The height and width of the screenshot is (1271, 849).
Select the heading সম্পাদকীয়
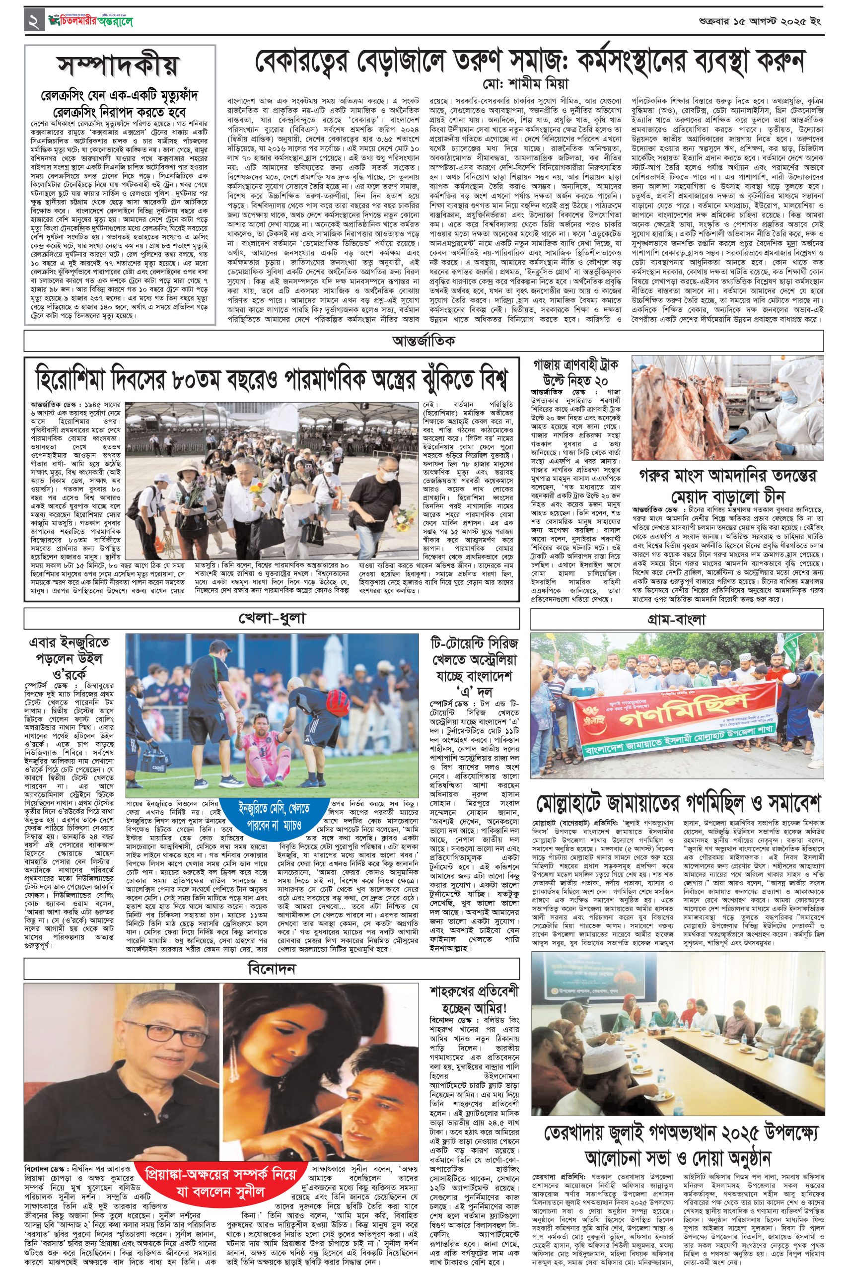(119, 68)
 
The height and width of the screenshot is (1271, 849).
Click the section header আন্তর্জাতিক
(424, 341)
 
